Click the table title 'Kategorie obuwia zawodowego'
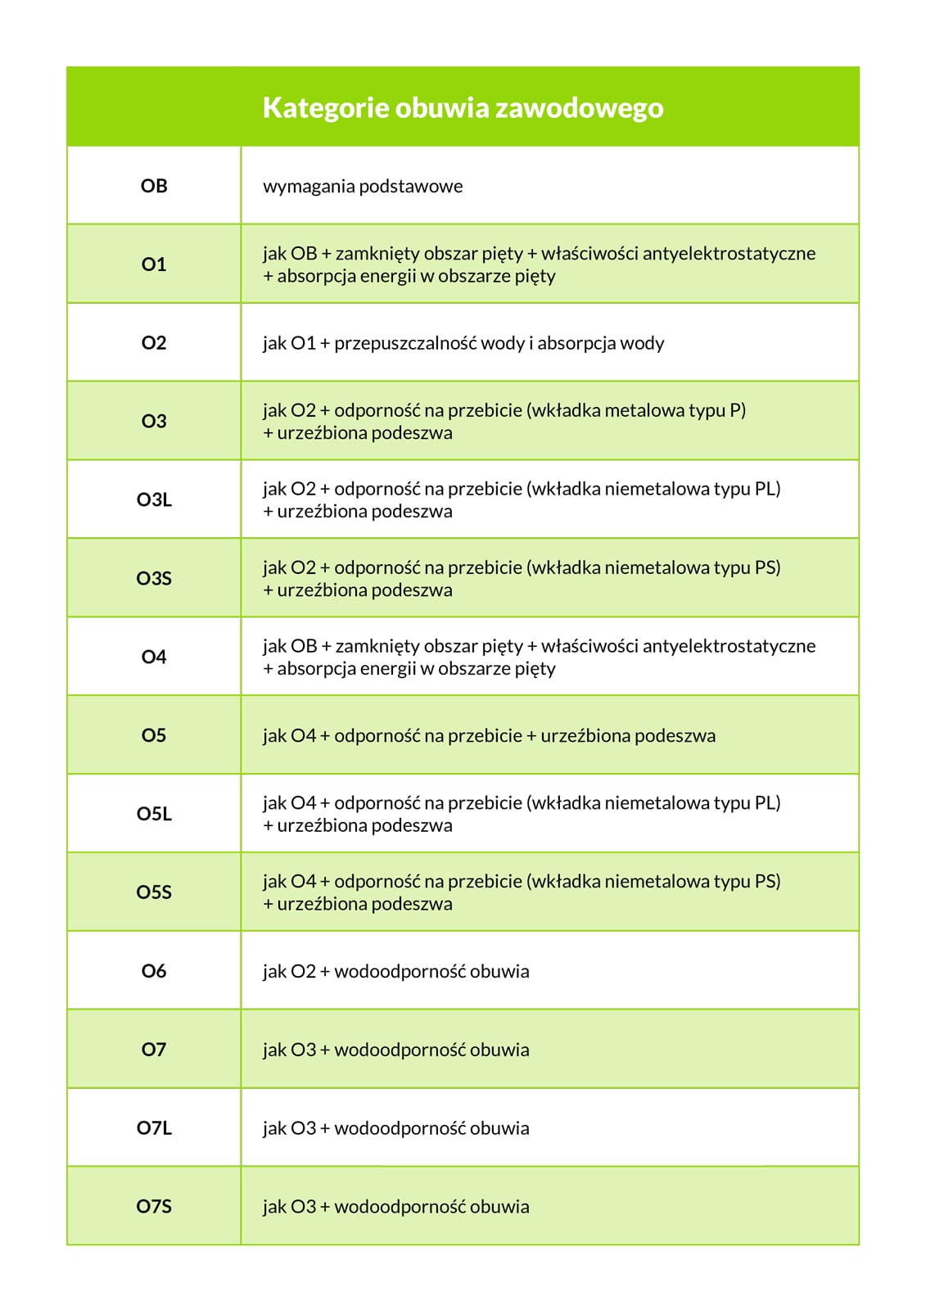point(463,108)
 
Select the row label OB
point(154,186)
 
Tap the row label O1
point(154,264)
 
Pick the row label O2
point(154,343)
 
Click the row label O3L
point(154,499)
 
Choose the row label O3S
point(154,578)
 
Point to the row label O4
point(154,657)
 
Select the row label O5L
point(154,814)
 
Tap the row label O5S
point(154,892)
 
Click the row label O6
point(154,971)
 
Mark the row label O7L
point(154,1128)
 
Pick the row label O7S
point(154,1207)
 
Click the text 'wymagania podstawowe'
point(363,187)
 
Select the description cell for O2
point(463,343)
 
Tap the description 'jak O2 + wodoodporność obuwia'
point(396,972)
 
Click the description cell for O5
point(489,736)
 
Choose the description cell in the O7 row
point(396,1050)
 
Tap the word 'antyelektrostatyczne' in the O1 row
point(729,254)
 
